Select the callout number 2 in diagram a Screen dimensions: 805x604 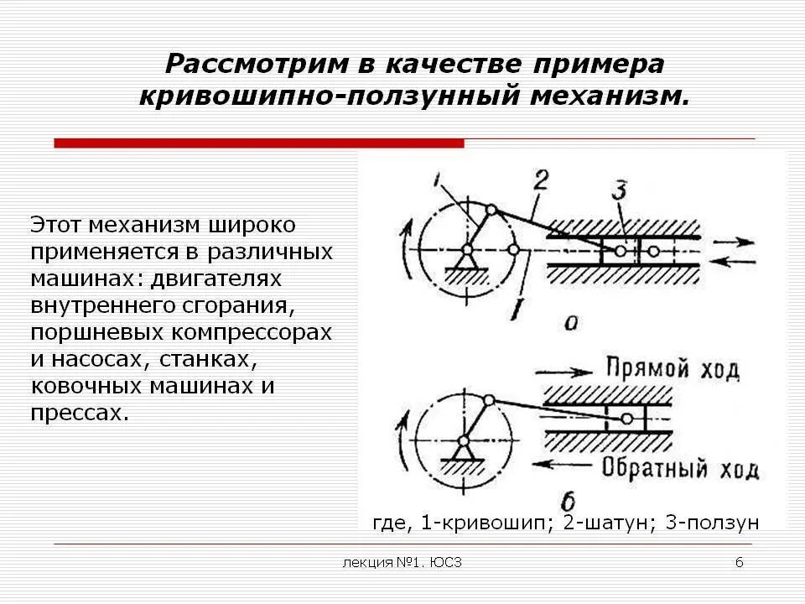tap(541, 180)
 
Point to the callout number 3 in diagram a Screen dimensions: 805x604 tap(619, 190)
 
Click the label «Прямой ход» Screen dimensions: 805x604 tap(672, 368)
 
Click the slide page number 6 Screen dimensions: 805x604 tap(739, 562)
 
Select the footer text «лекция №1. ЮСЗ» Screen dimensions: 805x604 tap(402, 562)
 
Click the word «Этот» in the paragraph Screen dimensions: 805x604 tap(60, 225)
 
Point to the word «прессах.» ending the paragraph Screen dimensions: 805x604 tap(80, 413)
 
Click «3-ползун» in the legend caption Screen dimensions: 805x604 tap(712, 523)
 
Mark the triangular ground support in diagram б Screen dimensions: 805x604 tap(462, 453)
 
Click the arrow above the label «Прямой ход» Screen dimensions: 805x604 tap(568, 368)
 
